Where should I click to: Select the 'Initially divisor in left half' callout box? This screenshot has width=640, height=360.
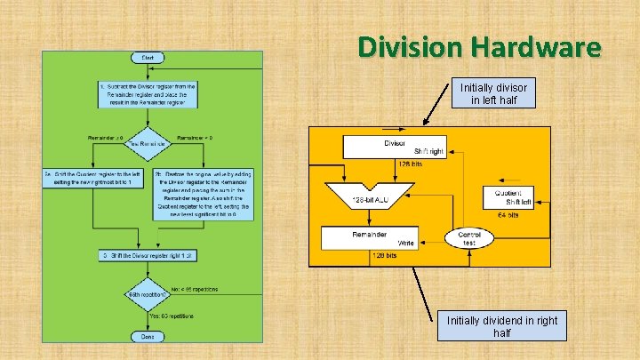tap(493, 94)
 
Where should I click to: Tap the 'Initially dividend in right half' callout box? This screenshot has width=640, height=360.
tap(502, 325)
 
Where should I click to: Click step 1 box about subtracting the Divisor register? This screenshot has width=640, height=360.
tap(148, 94)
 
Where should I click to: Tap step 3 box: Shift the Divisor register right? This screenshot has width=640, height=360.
tap(148, 256)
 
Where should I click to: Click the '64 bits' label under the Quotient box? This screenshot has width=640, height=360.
tap(506, 214)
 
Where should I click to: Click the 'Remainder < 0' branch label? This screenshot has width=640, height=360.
tap(195, 138)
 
